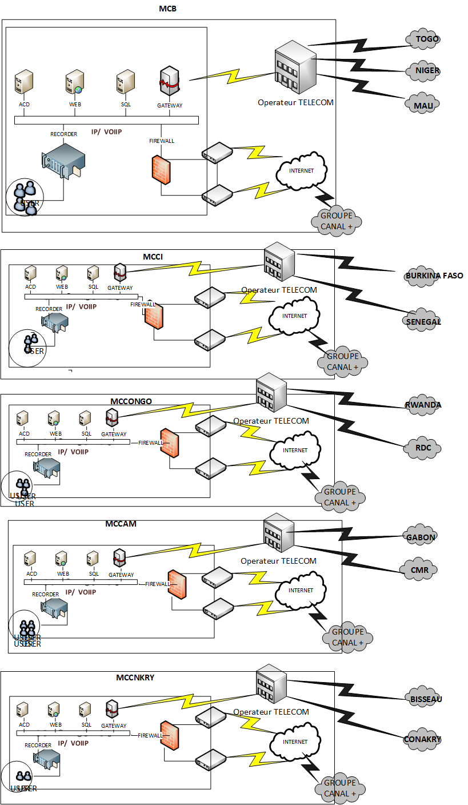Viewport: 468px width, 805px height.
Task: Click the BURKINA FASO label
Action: [x=434, y=276]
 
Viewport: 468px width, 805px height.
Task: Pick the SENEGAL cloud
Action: [x=423, y=321]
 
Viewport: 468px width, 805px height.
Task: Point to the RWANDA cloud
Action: [x=423, y=405]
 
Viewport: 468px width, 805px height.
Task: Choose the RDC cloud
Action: [x=423, y=447]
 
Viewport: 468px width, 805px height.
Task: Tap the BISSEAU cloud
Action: [x=426, y=699]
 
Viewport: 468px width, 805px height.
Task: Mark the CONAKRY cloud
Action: [x=423, y=739]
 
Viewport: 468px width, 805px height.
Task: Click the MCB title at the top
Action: [x=167, y=8]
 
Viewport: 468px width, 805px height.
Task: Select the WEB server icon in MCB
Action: [x=74, y=83]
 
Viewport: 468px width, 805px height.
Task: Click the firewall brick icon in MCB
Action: [x=161, y=170]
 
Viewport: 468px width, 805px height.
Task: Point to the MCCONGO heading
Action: [x=131, y=401]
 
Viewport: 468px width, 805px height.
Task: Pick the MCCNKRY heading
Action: [x=135, y=678]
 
